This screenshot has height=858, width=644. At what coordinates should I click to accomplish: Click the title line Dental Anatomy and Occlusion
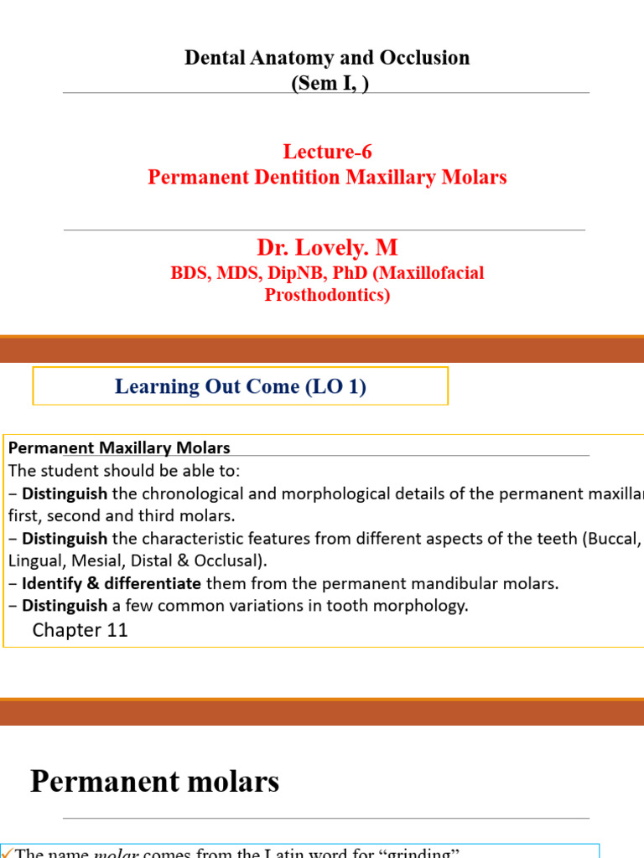(326, 58)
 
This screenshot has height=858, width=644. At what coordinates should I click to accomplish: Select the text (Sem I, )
(326, 83)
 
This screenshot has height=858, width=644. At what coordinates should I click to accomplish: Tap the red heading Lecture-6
(327, 152)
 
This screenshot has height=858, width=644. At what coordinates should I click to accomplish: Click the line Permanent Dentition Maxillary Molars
(327, 178)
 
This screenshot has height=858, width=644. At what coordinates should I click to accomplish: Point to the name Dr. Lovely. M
(327, 248)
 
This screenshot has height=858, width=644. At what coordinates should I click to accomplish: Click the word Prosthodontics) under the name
(327, 295)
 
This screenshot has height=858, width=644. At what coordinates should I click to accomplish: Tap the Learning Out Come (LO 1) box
(240, 386)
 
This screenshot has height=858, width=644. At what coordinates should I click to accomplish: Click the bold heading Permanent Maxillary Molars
(119, 448)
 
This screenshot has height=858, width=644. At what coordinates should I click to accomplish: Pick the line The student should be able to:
(129, 471)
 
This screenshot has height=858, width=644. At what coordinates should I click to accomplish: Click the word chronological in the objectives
(198, 494)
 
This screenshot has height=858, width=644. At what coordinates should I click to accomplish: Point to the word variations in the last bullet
(288, 606)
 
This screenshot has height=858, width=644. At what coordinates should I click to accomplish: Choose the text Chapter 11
(80, 630)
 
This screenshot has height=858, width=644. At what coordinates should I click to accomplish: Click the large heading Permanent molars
(154, 782)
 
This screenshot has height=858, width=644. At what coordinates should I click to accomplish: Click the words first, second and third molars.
(119, 515)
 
